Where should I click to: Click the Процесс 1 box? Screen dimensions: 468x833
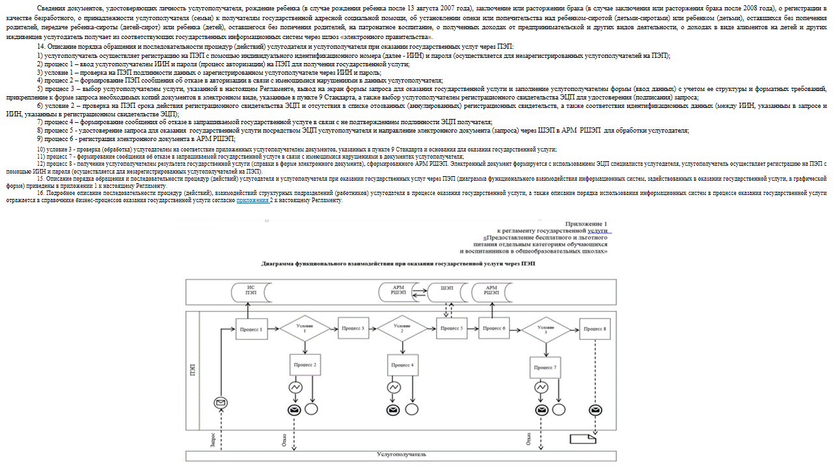click(251, 329)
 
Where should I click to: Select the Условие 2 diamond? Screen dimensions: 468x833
click(402, 328)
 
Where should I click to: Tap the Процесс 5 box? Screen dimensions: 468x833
click(451, 329)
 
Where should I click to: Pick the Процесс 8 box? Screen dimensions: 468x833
click(595, 329)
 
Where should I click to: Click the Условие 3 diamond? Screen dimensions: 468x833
click(546, 328)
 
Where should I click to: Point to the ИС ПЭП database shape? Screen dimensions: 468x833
click(251, 291)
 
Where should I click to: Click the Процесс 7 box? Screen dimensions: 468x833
click(545, 367)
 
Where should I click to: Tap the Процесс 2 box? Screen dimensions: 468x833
click(305, 365)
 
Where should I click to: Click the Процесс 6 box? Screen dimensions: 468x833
click(494, 329)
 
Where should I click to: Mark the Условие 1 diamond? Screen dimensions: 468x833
click(305, 328)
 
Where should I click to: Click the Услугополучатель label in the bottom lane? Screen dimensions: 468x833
click(402, 455)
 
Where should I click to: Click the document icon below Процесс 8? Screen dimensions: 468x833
click(582, 439)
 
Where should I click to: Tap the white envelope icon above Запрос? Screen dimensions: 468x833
click(221, 404)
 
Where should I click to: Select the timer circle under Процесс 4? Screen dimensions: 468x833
click(394, 387)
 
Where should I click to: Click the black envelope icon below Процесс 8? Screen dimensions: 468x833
click(595, 410)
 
